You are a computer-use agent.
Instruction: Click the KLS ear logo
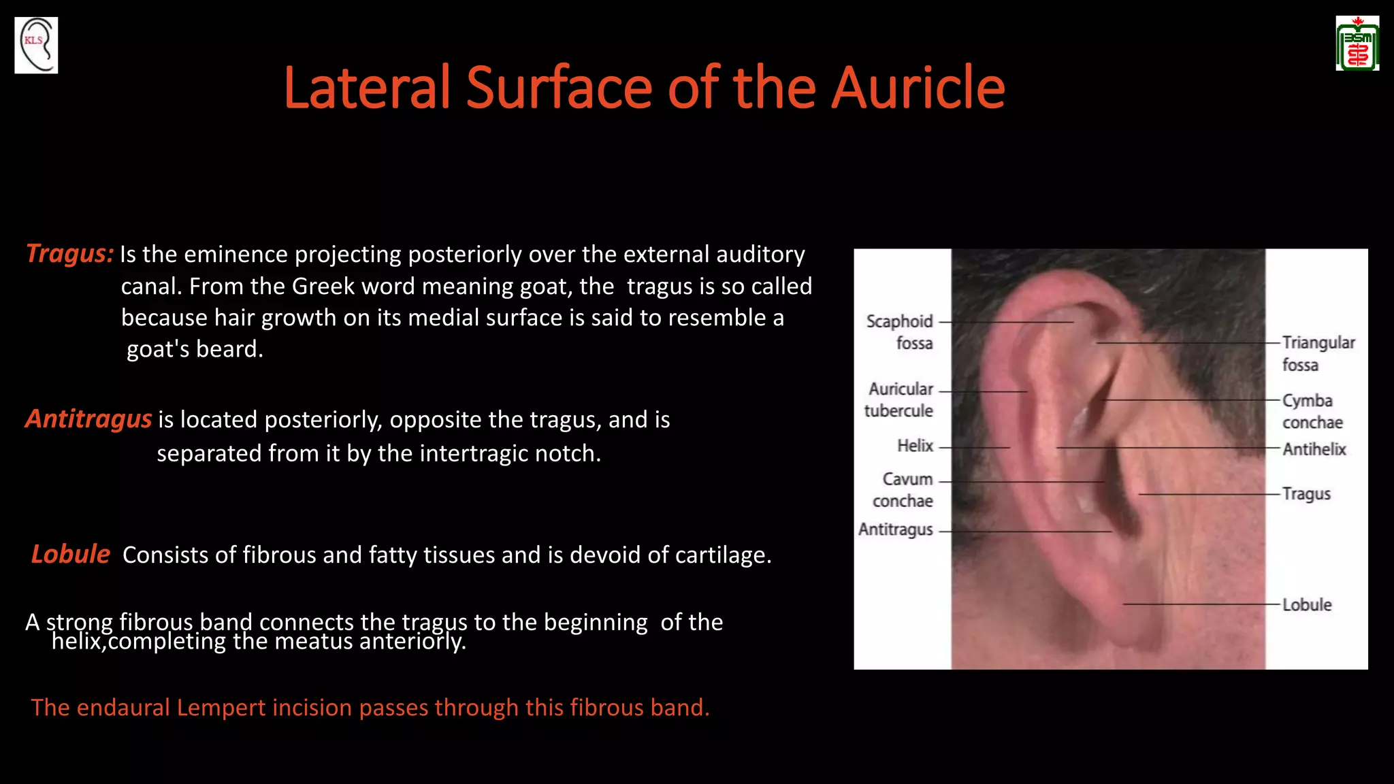pos(36,45)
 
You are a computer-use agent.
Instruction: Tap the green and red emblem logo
pos(1357,44)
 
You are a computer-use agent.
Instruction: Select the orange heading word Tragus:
pos(69,253)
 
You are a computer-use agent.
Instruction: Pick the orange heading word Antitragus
pos(88,419)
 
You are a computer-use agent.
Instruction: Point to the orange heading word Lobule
pos(70,554)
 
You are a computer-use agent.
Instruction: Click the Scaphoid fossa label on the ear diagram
pos(900,331)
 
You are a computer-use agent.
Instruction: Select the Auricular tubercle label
pos(899,399)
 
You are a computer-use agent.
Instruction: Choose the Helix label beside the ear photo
pos(915,446)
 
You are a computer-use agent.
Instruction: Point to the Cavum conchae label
pos(904,489)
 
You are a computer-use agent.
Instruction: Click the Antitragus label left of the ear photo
pos(896,529)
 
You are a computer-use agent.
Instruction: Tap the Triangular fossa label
pos(1318,353)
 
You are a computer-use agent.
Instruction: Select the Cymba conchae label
pos(1312,411)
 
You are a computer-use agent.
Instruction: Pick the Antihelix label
pos(1314,449)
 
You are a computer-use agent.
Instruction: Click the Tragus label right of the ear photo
pos(1306,493)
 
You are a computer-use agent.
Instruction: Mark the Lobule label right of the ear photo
pos(1307,604)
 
